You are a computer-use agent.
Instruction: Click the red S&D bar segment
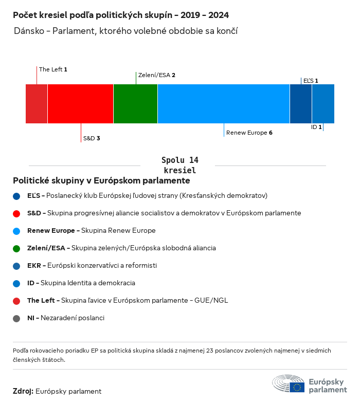(x=80, y=104)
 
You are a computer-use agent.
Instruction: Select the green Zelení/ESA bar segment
(x=135, y=104)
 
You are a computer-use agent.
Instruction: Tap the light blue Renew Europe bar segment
(x=224, y=104)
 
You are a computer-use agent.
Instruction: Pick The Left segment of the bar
(x=37, y=104)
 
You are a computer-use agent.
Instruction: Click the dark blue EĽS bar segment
(x=301, y=104)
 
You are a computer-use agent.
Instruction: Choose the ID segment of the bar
(x=323, y=104)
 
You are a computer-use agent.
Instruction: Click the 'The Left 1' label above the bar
(x=53, y=69)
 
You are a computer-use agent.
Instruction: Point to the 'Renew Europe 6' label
(x=249, y=133)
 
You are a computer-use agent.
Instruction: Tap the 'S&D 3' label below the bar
(x=91, y=139)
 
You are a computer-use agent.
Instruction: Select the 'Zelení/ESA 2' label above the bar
(x=157, y=75)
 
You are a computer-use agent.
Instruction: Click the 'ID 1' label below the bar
(x=316, y=127)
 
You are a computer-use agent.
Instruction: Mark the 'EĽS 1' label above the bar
(x=311, y=81)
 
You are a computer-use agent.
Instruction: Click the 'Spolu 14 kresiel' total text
(x=179, y=165)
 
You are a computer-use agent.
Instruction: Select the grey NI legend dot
(x=17, y=318)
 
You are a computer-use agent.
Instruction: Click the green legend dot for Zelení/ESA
(x=17, y=248)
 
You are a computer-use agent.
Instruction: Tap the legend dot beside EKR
(x=17, y=266)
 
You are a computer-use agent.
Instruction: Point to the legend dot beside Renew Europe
(x=17, y=231)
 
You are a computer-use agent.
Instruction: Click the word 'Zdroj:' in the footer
(x=23, y=391)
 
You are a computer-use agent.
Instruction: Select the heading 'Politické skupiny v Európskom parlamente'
(x=101, y=181)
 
